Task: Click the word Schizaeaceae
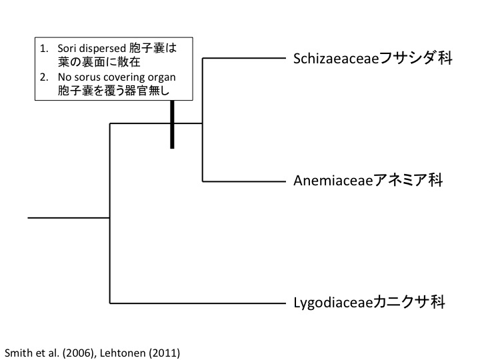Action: pyautogui.click(x=336, y=59)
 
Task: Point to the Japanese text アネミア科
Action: pyautogui.click(x=405, y=181)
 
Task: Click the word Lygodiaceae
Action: pyautogui.click(x=327, y=303)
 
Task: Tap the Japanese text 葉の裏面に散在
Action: pyautogui.click(x=96, y=63)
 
